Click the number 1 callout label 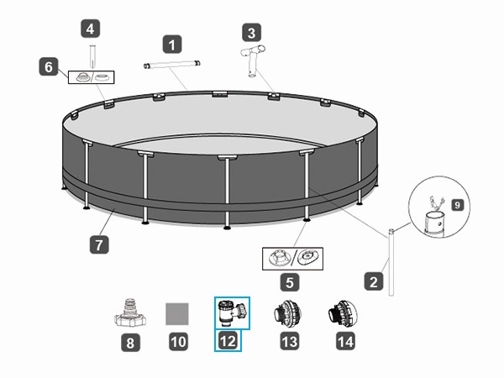pyautogui.click(x=173, y=43)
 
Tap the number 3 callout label pyautogui.click(x=250, y=33)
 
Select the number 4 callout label pyautogui.click(x=92, y=29)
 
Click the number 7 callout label pyautogui.click(x=99, y=245)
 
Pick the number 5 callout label pyautogui.click(x=290, y=283)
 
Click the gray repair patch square pyautogui.click(x=176, y=313)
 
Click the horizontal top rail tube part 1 pyautogui.click(x=174, y=64)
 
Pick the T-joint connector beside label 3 pyautogui.click(x=255, y=59)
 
